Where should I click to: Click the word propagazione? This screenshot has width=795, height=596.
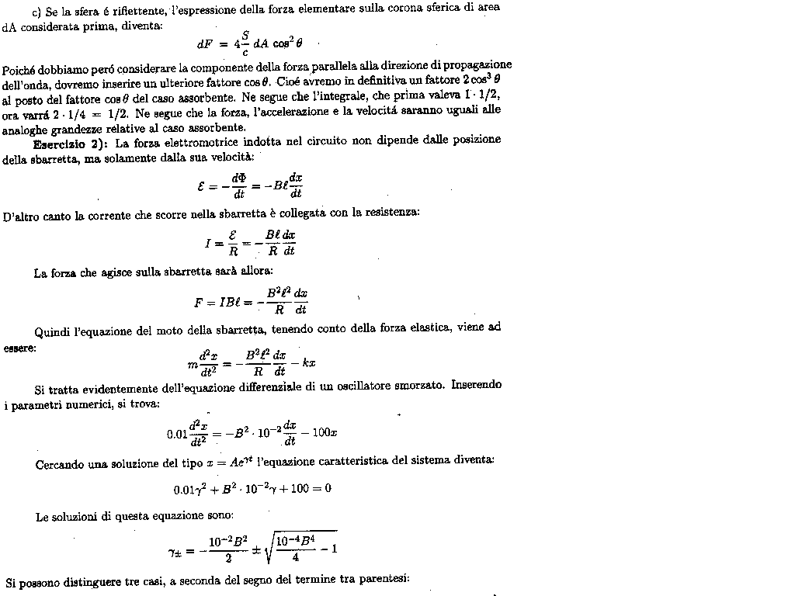tap(475, 65)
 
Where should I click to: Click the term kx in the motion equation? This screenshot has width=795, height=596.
tap(307, 363)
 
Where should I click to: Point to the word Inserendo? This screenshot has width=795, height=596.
tap(477, 386)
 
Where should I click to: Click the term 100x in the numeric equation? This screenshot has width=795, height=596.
tap(323, 433)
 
